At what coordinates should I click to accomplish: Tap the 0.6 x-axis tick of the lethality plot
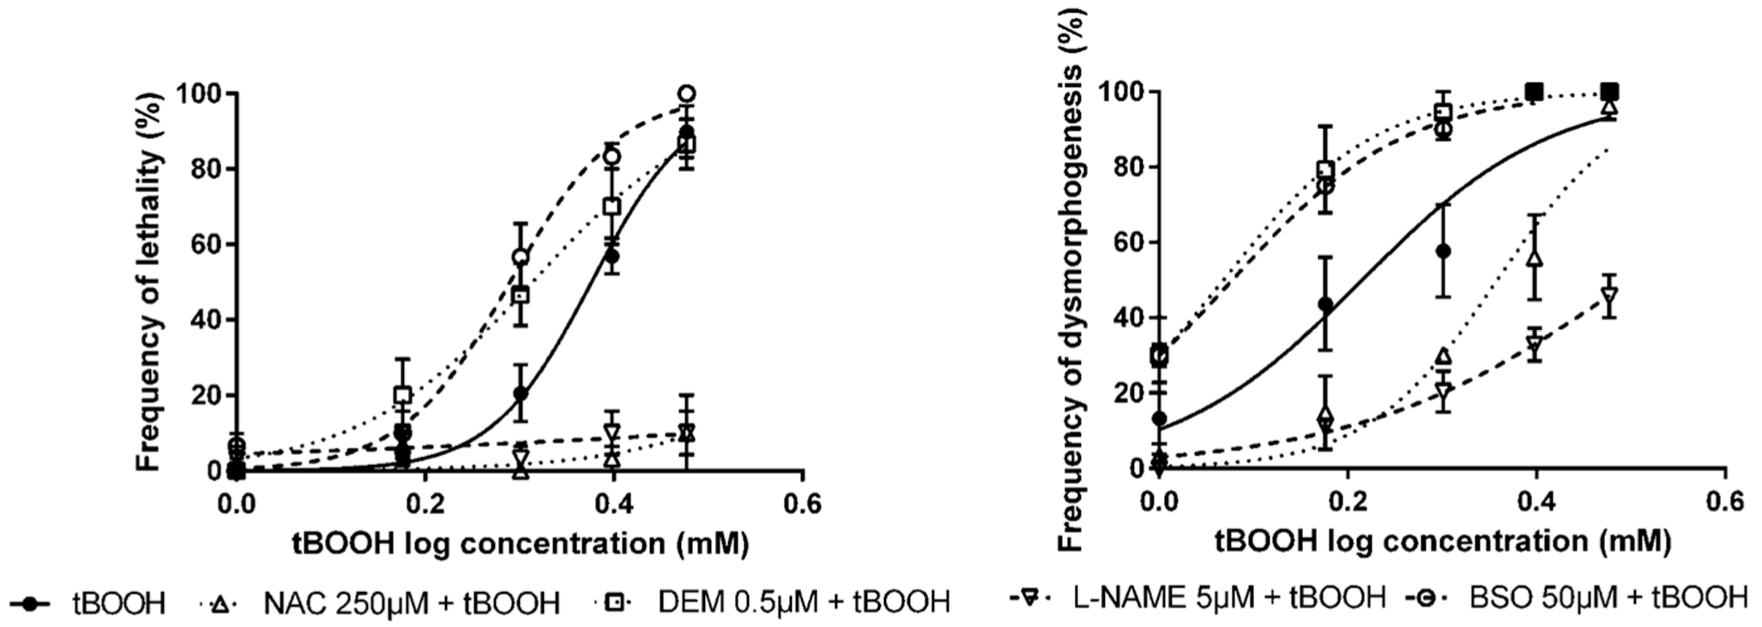click(x=802, y=504)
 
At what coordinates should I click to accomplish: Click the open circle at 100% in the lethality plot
click(x=687, y=93)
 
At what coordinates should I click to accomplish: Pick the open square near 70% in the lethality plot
click(x=612, y=206)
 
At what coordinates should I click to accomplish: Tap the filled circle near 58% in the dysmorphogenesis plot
click(x=1443, y=251)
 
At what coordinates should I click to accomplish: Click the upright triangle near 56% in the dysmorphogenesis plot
click(x=1535, y=258)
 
